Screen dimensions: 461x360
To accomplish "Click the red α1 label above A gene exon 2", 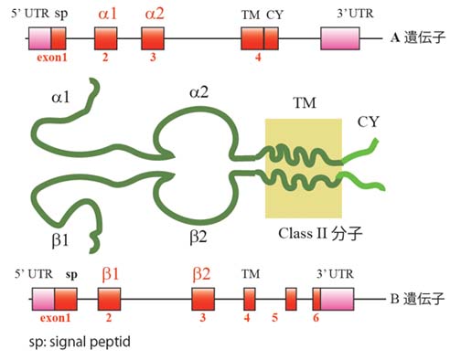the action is (108, 14).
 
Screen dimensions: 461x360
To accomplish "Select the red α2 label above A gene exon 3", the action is (155, 14).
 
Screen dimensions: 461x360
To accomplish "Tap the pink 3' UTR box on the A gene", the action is (340, 38).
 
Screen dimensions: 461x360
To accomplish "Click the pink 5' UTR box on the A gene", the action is (39, 38).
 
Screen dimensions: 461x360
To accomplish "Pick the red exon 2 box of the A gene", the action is (106, 38).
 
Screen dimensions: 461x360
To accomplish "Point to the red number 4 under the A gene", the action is (258, 57).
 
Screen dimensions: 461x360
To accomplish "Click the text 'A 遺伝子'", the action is (418, 37).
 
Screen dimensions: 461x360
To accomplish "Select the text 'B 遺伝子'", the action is (417, 299).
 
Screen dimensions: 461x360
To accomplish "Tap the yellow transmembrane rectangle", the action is (304, 168).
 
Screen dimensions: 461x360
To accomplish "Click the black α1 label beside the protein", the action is (60, 98).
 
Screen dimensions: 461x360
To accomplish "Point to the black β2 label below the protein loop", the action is (198, 237).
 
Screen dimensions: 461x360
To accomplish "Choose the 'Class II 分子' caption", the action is (320, 234).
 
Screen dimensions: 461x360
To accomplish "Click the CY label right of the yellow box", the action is (368, 122).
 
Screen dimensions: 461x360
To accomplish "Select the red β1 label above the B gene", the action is (111, 274).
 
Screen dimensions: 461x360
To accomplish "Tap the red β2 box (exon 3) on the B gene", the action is (203, 299).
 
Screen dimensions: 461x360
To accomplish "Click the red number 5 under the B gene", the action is (275, 318).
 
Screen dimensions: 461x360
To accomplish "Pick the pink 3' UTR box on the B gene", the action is (337, 299).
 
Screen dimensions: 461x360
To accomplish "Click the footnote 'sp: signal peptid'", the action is (80, 342).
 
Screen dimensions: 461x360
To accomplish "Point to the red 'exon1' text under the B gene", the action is (55, 318).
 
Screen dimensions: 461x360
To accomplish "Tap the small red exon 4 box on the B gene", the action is (250, 299).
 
